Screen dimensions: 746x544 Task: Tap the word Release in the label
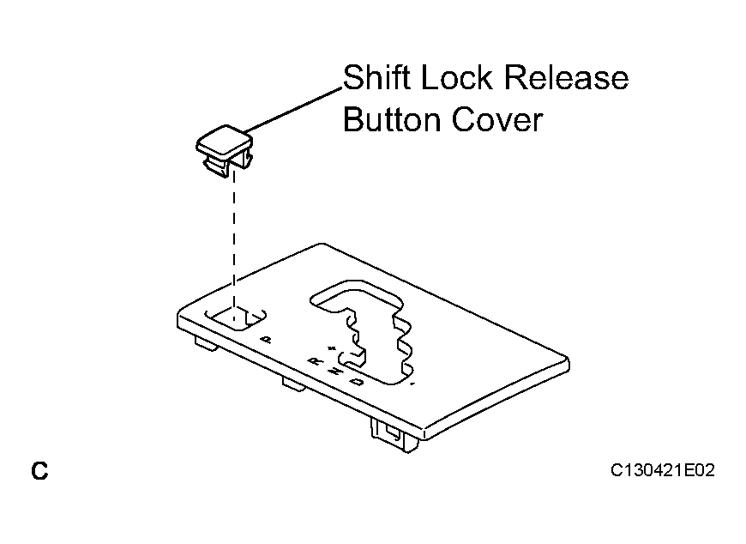[x=566, y=77]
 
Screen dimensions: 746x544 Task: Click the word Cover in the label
[x=496, y=119]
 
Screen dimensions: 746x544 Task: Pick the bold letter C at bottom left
[x=39, y=471]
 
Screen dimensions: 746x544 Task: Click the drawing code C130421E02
[x=662, y=470]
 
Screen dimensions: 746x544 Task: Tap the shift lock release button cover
[x=224, y=150]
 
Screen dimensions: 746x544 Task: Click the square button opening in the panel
[x=236, y=318]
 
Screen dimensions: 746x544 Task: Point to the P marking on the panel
[x=267, y=339]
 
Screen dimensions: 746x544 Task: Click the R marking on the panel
[x=315, y=361]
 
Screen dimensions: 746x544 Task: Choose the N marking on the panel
[x=336, y=371]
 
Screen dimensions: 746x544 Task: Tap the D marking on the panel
[x=357, y=381]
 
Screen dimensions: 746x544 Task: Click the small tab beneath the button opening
[x=207, y=343]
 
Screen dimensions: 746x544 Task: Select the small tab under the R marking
[x=294, y=384]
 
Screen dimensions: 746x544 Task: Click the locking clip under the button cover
[x=217, y=167]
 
